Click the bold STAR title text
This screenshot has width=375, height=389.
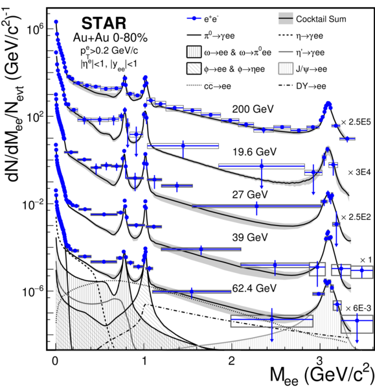pyautogui.click(x=104, y=23)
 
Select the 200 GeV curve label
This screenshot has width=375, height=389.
pyautogui.click(x=253, y=109)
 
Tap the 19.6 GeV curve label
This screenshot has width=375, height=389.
pyautogui.click(x=255, y=152)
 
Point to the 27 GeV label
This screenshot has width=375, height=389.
pyautogui.click(x=250, y=194)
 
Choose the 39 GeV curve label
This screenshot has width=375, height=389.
pyautogui.click(x=250, y=237)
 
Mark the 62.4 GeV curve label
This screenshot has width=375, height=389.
pyautogui.click(x=255, y=289)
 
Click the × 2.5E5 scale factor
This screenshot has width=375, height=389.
pyautogui.click(x=356, y=122)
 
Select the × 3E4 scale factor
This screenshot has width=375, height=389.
pyautogui.click(x=359, y=172)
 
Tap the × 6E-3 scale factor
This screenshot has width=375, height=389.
pyautogui.click(x=358, y=308)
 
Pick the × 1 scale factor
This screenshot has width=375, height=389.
pyautogui.click(x=366, y=260)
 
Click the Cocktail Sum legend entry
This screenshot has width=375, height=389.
pyautogui.click(x=312, y=19)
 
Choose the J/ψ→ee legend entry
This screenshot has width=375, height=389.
pyautogui.click(x=302, y=69)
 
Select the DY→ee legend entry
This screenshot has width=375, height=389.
pyautogui.click(x=302, y=86)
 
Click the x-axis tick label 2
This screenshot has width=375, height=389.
pyautogui.click(x=231, y=360)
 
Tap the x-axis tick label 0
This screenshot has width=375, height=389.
pyautogui.click(x=55, y=360)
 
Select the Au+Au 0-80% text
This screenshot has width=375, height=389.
pyautogui.click(x=110, y=38)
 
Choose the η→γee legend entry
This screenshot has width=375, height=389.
pyautogui.click(x=301, y=36)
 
